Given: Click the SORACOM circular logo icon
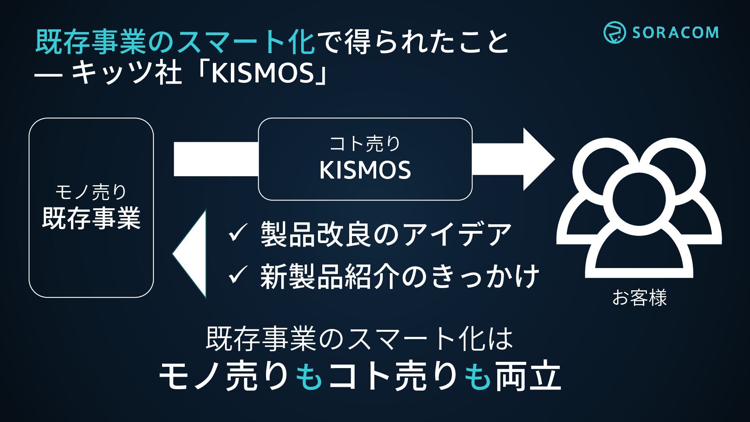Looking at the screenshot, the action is (614, 32).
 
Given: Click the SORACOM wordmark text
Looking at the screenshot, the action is (675, 33).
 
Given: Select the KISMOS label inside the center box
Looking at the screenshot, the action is (365, 170).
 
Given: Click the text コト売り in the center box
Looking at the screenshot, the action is (365, 143).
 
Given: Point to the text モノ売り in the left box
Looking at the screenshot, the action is (91, 192).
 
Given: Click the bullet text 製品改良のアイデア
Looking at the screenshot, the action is (386, 234).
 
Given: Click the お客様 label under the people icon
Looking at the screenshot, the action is (639, 298).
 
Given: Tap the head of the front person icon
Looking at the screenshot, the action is (639, 199).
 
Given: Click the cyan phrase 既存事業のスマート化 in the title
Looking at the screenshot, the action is (175, 42).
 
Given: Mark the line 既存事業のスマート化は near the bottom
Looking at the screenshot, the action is (359, 339).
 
